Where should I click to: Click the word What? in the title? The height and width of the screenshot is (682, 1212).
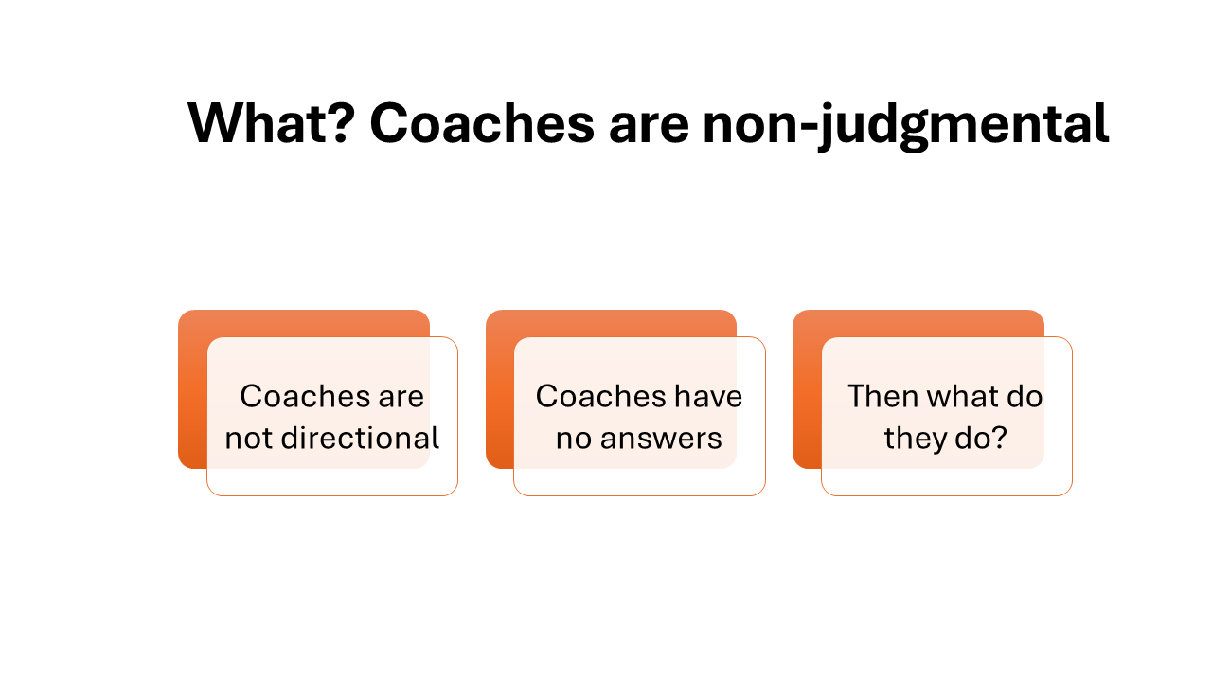(x=271, y=123)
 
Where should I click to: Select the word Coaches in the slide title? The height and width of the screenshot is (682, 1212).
(x=482, y=123)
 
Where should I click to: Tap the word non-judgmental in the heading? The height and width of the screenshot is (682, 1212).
(x=906, y=126)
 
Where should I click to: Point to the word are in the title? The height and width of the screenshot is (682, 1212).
(x=649, y=129)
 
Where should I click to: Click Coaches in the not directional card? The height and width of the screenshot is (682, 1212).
(x=305, y=396)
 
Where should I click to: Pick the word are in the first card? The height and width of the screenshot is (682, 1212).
(x=401, y=398)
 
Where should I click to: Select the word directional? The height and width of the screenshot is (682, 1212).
(x=360, y=438)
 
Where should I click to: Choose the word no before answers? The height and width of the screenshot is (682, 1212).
(x=574, y=440)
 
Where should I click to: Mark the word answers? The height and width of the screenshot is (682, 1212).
(x=661, y=440)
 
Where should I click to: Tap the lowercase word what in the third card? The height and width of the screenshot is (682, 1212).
(x=961, y=396)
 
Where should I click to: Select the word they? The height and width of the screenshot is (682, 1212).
(x=915, y=440)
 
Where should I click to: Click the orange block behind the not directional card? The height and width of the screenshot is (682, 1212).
(x=192, y=389)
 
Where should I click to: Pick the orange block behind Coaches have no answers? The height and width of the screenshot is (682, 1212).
(x=499, y=389)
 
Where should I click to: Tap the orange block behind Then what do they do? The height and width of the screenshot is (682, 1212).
(x=807, y=389)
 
